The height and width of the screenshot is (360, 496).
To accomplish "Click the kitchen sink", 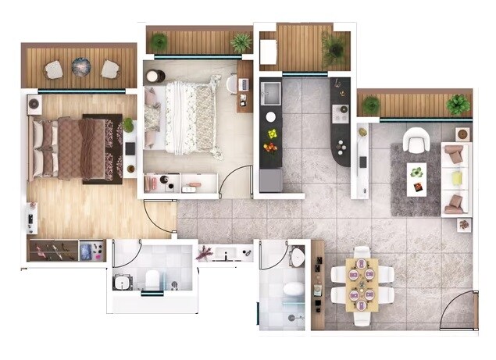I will tap(271, 93).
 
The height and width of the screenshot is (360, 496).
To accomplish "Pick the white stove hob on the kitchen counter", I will tap(341, 114).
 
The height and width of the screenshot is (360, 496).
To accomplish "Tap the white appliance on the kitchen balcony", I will tap(268, 52).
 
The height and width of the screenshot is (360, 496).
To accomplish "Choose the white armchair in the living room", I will tap(413, 140).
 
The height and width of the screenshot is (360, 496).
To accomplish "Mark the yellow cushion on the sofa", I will tap(456, 178).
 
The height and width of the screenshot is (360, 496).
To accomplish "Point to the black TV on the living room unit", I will tap(362, 162).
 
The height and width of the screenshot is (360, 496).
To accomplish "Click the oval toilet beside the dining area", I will tap(294, 289).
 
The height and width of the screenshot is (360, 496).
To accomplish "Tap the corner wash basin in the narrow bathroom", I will tap(298, 257).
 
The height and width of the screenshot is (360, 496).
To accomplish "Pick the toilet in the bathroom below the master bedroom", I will tap(153, 276).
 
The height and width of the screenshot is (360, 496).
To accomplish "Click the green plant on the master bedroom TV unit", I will tap(128, 125).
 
